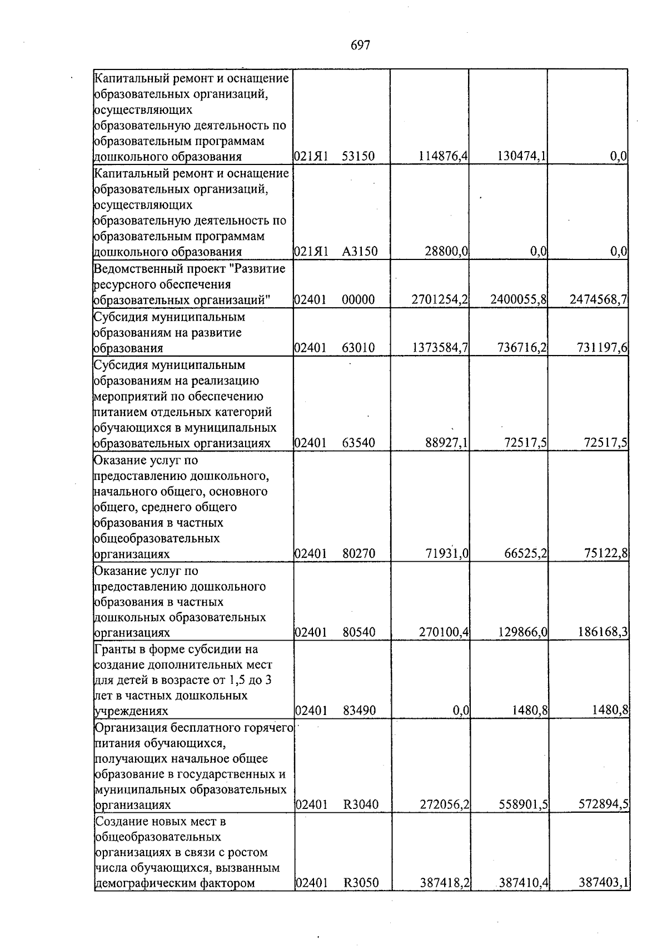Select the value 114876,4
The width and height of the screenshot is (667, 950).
tap(442, 157)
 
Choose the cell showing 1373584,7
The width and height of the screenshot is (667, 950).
tap(440, 348)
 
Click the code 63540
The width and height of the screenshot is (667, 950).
tap(359, 443)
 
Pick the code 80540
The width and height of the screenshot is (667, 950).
tap(359, 633)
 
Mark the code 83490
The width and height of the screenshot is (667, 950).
tap(359, 711)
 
